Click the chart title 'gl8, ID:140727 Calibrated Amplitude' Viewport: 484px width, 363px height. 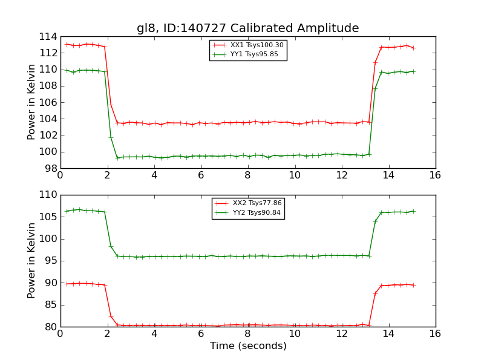(x=247, y=28)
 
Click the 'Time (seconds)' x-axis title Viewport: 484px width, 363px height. (x=248, y=346)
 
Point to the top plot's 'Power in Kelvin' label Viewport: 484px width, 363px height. (x=32, y=102)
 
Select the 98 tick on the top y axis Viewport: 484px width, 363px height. (x=51, y=168)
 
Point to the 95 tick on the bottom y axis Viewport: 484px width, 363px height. (x=51, y=261)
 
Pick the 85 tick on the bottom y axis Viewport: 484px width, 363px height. (x=51, y=305)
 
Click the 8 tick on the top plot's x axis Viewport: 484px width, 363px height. (x=247, y=175)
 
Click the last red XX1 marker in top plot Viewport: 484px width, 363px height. (x=413, y=48)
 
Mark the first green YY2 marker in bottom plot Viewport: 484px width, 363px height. (x=67, y=211)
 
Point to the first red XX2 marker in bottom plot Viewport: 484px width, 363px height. (x=67, y=284)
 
